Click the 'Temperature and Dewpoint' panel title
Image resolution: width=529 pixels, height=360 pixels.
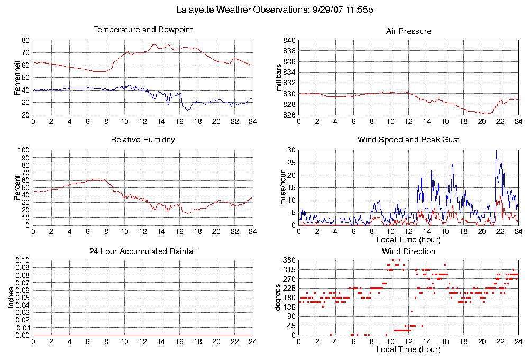pos(143,30)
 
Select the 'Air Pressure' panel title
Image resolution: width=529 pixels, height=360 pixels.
pos(408,31)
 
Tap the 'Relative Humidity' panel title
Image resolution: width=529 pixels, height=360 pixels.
pos(143,140)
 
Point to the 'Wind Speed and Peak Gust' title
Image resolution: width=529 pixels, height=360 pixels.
pos(408,140)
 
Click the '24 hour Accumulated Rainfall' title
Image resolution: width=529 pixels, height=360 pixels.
pos(143,251)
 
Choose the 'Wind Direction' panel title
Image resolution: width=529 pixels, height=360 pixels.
pos(408,251)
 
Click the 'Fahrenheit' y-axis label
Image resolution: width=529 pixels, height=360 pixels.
pos(17,78)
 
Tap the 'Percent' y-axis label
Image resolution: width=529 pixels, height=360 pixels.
pos(17,187)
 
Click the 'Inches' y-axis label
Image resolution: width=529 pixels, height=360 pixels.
pos(11,298)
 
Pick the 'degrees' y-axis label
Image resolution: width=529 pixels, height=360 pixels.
pos(277,298)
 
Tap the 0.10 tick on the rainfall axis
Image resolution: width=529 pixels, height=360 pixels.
pos(22,260)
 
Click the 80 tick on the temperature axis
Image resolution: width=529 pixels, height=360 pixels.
pos(26,40)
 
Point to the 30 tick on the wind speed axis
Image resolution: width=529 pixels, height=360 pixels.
pos(291,150)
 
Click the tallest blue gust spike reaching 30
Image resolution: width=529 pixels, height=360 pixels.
pos(496,152)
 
